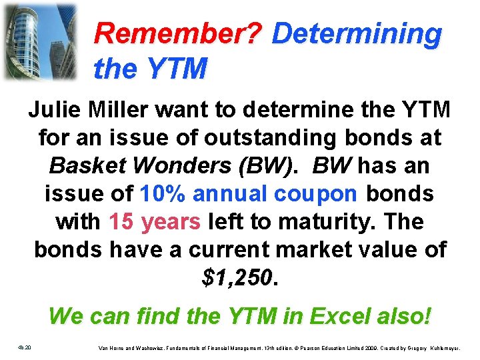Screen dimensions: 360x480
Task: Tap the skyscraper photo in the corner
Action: pyautogui.click(x=39, y=41)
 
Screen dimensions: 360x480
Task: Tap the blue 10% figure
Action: pyautogui.click(x=164, y=194)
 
